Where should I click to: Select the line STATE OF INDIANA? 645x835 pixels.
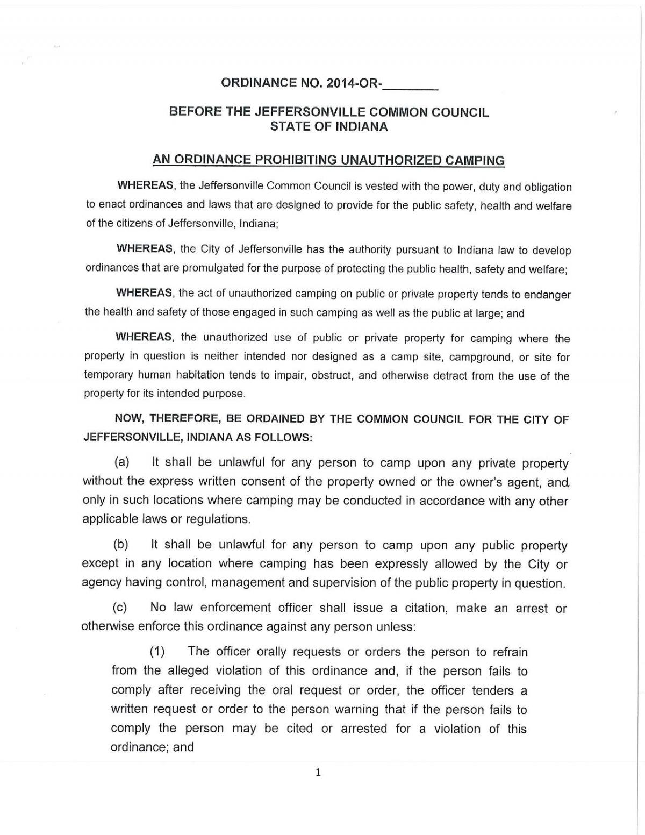tap(328, 126)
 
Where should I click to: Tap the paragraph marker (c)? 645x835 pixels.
tap(120, 608)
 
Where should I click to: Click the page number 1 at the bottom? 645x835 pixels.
tap(318, 773)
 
